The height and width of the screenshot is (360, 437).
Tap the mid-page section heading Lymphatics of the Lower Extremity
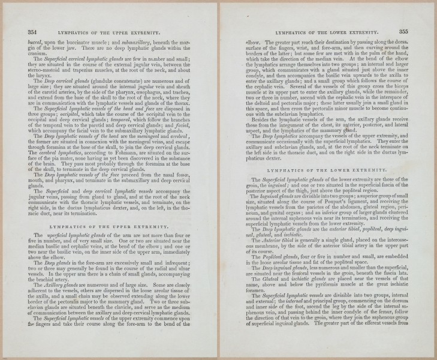coord(326,170)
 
